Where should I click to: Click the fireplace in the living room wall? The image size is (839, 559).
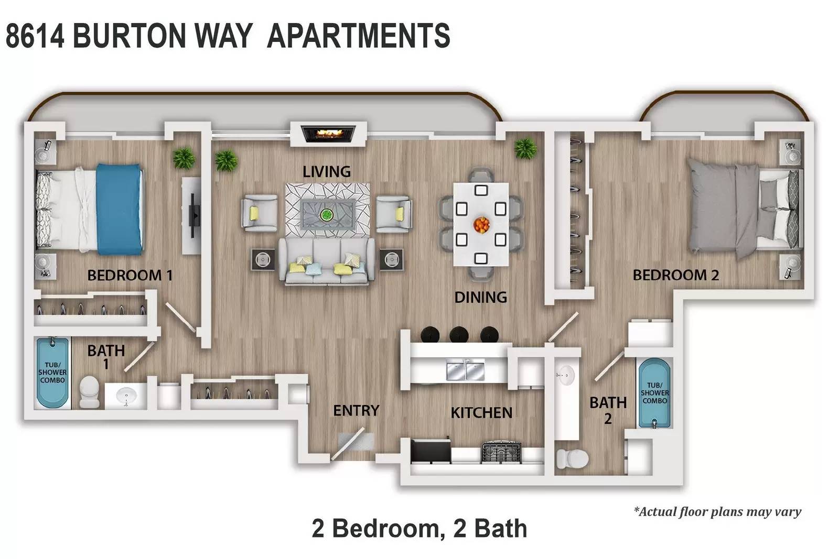328,134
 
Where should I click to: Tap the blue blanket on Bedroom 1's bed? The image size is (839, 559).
120,209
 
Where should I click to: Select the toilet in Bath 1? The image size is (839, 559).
90,391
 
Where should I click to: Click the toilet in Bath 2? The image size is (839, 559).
572,458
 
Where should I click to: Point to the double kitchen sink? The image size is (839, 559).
466,370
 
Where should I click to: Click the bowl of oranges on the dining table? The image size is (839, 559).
481,225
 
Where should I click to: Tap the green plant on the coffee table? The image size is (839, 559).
327,215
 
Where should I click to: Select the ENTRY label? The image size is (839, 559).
356,410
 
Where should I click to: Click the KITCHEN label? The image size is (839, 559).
481,413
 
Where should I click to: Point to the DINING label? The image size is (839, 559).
480,298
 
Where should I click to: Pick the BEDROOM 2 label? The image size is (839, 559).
676,275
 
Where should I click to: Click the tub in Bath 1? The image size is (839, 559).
53,372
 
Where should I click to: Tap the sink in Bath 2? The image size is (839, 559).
566,375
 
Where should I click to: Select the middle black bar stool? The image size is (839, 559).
459,334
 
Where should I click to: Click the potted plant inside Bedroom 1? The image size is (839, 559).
184,158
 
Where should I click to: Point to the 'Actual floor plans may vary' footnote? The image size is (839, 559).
717,511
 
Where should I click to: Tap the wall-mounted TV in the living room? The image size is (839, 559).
195,215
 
